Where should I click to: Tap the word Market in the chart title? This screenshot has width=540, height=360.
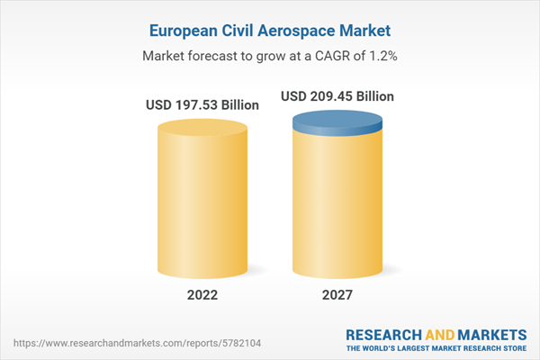tap(366, 31)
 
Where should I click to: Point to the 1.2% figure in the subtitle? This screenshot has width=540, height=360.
tap(383, 56)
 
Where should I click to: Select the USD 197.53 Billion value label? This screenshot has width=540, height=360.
tap(202, 105)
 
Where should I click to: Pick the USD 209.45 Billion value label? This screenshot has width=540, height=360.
tap(337, 96)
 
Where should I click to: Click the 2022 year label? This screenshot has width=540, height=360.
tap(203, 294)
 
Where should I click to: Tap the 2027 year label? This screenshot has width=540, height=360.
tap(337, 294)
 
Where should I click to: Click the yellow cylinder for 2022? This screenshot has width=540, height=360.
tap(203, 198)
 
